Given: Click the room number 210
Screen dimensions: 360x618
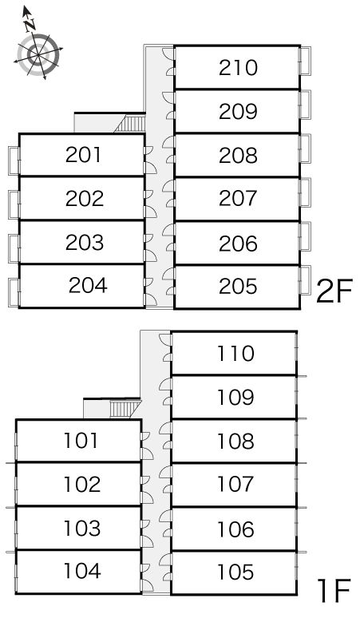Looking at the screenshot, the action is [238, 68].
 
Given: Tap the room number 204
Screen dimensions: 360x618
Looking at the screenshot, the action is [88, 285].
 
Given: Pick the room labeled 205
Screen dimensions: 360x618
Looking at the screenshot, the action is [238, 286].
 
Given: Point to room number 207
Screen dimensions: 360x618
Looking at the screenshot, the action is [238, 198].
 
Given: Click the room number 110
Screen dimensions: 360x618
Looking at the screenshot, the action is [235, 354].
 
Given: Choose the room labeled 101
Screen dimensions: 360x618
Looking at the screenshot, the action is [81, 441].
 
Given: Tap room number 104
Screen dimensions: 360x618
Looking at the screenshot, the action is [82, 571].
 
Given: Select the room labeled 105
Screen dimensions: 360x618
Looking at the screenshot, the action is [235, 572].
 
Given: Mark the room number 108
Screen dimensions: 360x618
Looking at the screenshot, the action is [235, 442].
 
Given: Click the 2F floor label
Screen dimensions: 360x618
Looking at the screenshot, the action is [334, 291].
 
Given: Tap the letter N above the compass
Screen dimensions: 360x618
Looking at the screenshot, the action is [30, 26].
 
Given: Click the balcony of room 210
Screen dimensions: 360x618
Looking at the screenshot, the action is [305, 61].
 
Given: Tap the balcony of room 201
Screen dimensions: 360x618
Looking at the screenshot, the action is [14, 160].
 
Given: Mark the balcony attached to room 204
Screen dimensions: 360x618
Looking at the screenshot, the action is [14, 292].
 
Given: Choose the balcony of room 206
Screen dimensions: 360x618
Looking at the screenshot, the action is [305, 236].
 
